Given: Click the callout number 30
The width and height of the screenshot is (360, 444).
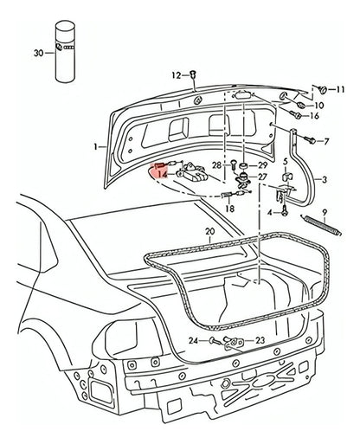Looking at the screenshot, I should [36, 52].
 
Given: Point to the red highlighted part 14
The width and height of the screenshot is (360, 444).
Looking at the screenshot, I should [157, 168].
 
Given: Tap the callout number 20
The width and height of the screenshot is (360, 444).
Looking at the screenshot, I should [209, 232].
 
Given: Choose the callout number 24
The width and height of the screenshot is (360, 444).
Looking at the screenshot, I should [194, 340].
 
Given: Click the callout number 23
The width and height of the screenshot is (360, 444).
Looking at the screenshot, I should [259, 341].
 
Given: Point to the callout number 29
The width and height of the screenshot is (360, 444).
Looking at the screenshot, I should [263, 164].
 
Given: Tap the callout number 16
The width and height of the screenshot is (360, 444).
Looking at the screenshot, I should [313, 115].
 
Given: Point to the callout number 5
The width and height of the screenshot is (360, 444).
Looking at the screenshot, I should [286, 162].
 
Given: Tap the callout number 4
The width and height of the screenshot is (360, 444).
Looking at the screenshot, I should [269, 211].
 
